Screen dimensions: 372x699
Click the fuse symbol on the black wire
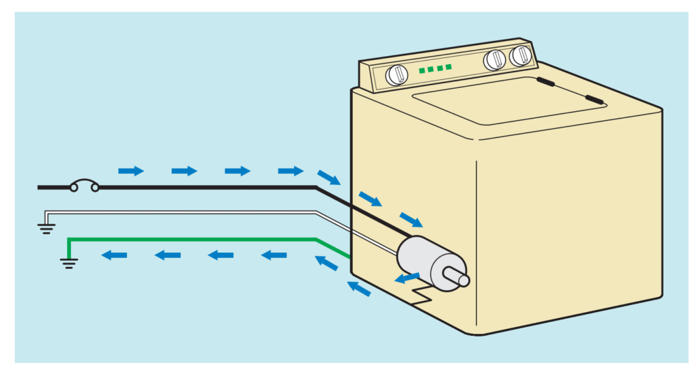tap(85, 185)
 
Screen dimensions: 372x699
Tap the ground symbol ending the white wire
tap(46, 228)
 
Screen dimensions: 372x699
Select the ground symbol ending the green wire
tap(69, 261)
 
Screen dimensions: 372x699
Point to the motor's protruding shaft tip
tap(463, 280)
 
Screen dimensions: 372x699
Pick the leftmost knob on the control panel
tap(396, 75)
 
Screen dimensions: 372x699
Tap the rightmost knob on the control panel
tap(522, 55)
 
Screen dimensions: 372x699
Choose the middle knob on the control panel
tap(495, 60)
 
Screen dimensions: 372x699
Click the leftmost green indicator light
tap(423, 70)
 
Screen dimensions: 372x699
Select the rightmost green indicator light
tap(448, 67)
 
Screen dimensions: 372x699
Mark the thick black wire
tap(205, 186)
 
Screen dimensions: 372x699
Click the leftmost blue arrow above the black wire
tap(131, 171)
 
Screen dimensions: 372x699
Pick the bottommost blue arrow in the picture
tap(359, 289)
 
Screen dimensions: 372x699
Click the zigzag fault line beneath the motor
tap(422, 296)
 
